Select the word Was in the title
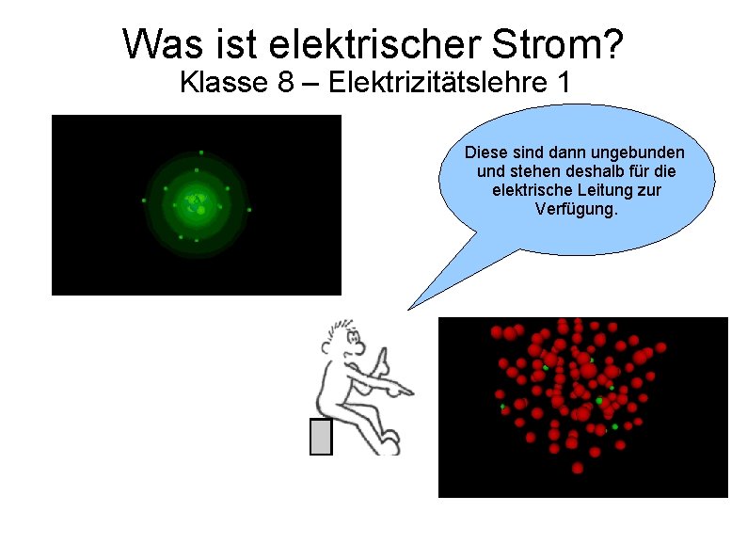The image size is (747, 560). [160, 43]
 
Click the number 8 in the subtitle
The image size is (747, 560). [286, 83]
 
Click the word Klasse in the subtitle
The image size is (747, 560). [223, 83]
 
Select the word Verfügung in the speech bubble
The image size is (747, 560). [576, 208]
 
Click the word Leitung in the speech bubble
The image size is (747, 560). [609, 190]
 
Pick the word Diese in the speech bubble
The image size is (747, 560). [485, 152]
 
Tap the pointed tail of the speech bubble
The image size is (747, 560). [411, 306]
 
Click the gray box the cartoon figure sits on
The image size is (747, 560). [321, 437]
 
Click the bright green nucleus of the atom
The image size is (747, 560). [197, 200]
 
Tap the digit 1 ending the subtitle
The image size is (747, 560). [562, 83]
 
